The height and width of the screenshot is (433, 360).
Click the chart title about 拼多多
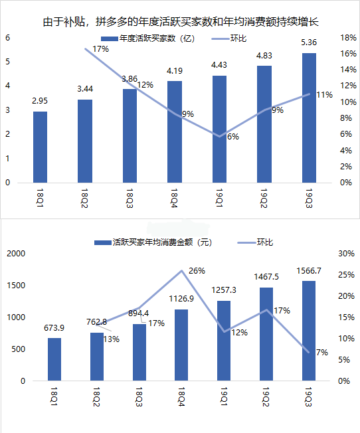(181, 22)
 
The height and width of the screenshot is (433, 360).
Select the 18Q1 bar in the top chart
(40, 147)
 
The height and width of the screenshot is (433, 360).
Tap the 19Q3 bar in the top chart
(309, 118)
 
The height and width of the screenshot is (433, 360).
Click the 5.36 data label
(309, 43)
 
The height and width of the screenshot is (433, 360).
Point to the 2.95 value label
(40, 101)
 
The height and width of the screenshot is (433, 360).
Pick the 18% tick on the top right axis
(348, 38)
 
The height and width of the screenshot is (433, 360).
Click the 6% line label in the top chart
(233, 137)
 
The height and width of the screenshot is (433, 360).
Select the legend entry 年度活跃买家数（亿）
(148, 39)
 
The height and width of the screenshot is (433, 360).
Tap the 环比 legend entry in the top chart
(229, 39)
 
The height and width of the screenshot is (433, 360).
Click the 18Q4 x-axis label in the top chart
(174, 199)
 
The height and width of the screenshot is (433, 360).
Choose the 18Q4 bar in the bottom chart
(181, 345)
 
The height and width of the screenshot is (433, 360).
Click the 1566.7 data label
(309, 271)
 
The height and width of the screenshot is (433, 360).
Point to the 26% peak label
(197, 271)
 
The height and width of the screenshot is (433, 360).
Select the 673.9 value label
(54, 328)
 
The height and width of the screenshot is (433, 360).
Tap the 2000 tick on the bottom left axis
(16, 254)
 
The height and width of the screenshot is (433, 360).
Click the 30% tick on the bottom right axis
(347, 254)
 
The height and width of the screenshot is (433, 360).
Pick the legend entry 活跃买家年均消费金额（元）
(153, 242)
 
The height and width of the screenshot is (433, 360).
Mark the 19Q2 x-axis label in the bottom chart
(266, 397)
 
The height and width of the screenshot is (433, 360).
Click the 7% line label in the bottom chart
(322, 353)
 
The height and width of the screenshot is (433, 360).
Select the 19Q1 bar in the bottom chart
(224, 341)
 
